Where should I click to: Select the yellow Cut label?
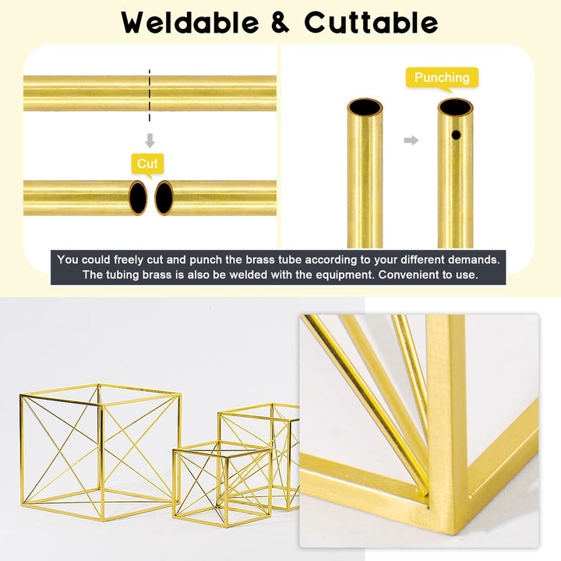(147, 164)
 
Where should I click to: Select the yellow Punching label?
(442, 78)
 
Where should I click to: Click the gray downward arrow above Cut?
(150, 141)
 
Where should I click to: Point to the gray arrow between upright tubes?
(411, 140)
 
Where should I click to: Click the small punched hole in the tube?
(457, 135)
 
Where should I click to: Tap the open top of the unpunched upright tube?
(365, 107)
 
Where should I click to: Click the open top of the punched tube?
(455, 107)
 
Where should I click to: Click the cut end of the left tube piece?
(138, 198)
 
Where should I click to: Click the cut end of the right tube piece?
(164, 198)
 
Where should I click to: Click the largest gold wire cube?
(100, 444)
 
